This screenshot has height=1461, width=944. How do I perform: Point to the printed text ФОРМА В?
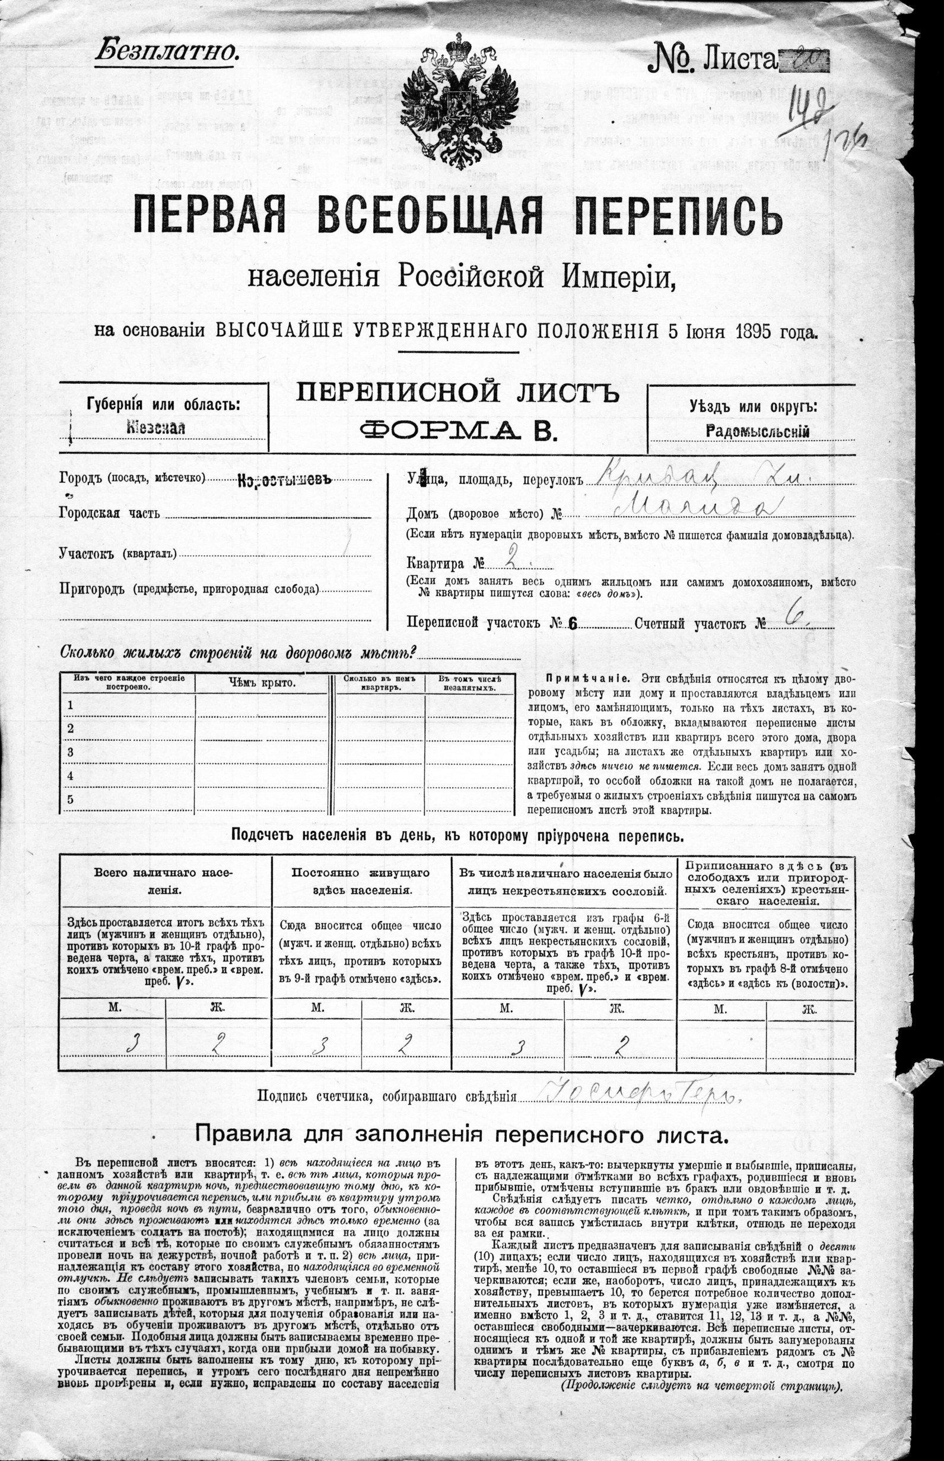pyautogui.click(x=457, y=431)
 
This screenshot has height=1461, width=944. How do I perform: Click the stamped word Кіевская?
pyautogui.click(x=155, y=428)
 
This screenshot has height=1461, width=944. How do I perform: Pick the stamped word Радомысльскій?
pyautogui.click(x=758, y=431)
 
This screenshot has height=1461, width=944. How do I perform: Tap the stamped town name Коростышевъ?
pyautogui.click(x=284, y=480)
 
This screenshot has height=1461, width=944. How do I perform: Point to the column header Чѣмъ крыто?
pyautogui.click(x=263, y=683)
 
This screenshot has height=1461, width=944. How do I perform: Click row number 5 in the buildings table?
pyautogui.click(x=71, y=799)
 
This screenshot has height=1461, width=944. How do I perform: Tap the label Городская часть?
pyautogui.click(x=110, y=513)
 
